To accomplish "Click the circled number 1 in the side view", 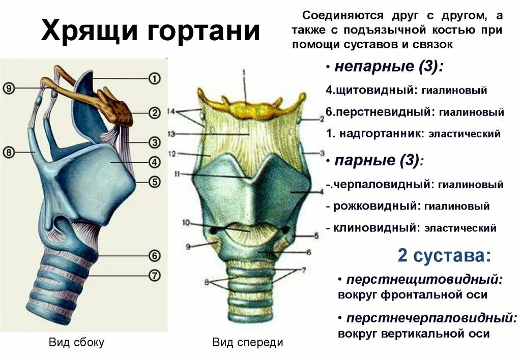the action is [154, 79].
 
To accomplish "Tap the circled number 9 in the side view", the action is [9, 88].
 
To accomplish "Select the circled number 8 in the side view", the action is [9, 152].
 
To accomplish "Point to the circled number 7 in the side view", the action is [154, 275].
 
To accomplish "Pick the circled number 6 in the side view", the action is [154, 256].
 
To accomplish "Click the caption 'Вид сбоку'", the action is [76, 342].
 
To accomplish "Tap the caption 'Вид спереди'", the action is [247, 343].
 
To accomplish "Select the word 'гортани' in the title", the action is [204, 32].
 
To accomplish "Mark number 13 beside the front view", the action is [171, 134].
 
